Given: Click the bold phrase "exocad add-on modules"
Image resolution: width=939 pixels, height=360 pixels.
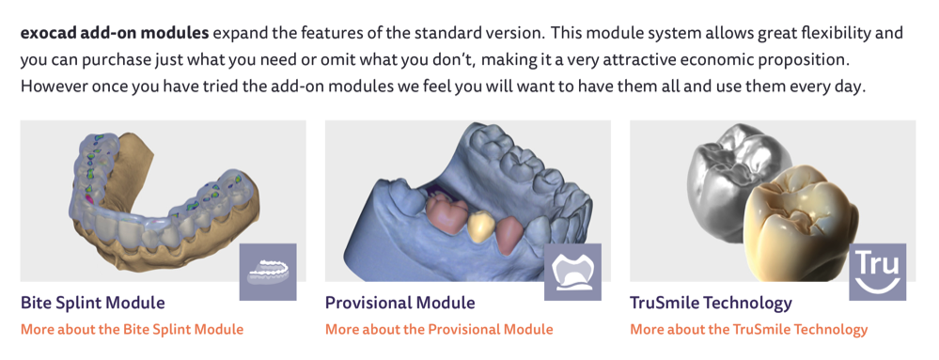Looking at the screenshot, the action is pyautogui.click(x=115, y=33).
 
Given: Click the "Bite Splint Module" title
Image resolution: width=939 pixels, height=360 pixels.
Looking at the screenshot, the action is pyautogui.click(x=93, y=303).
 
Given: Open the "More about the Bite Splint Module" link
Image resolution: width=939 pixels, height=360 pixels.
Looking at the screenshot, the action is pyautogui.click(x=133, y=329).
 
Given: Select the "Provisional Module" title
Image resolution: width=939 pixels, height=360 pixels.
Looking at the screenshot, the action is pyautogui.click(x=400, y=303).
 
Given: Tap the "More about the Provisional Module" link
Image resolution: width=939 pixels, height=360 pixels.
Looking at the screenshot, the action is pyautogui.click(x=439, y=329).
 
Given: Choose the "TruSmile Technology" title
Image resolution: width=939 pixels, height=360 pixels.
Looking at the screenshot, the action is pyautogui.click(x=711, y=303).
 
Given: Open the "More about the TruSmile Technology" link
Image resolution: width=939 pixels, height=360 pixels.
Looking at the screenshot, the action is pyautogui.click(x=748, y=329).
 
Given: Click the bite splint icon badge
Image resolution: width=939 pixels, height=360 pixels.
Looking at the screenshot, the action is pyautogui.click(x=268, y=272).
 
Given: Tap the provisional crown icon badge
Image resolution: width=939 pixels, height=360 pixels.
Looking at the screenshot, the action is pyautogui.click(x=572, y=272).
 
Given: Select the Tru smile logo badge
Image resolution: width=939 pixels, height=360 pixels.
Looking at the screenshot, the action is pyautogui.click(x=877, y=272).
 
